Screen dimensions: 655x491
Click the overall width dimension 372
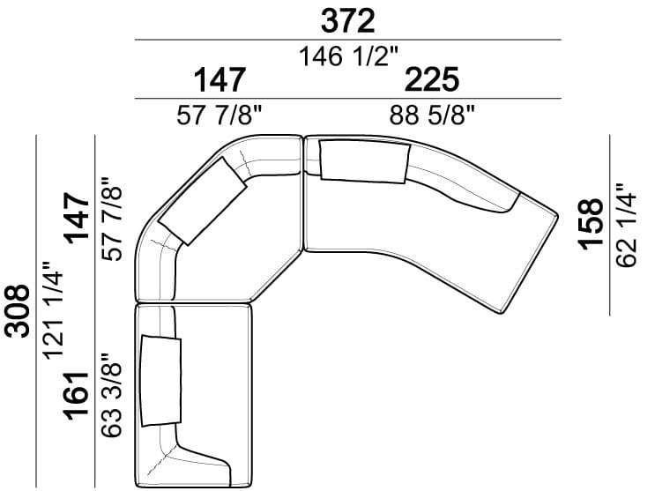coord(347,22)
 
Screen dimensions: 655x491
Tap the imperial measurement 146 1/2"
coord(349,56)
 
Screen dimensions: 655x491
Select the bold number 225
coord(431,79)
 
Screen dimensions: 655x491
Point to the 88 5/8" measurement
coord(432,115)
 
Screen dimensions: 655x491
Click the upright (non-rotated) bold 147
coord(220,79)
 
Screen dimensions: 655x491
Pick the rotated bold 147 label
coord(77,218)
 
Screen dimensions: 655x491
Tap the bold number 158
coord(591,224)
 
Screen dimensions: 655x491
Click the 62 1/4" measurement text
coord(626,225)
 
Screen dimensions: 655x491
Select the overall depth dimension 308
coord(17,311)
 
